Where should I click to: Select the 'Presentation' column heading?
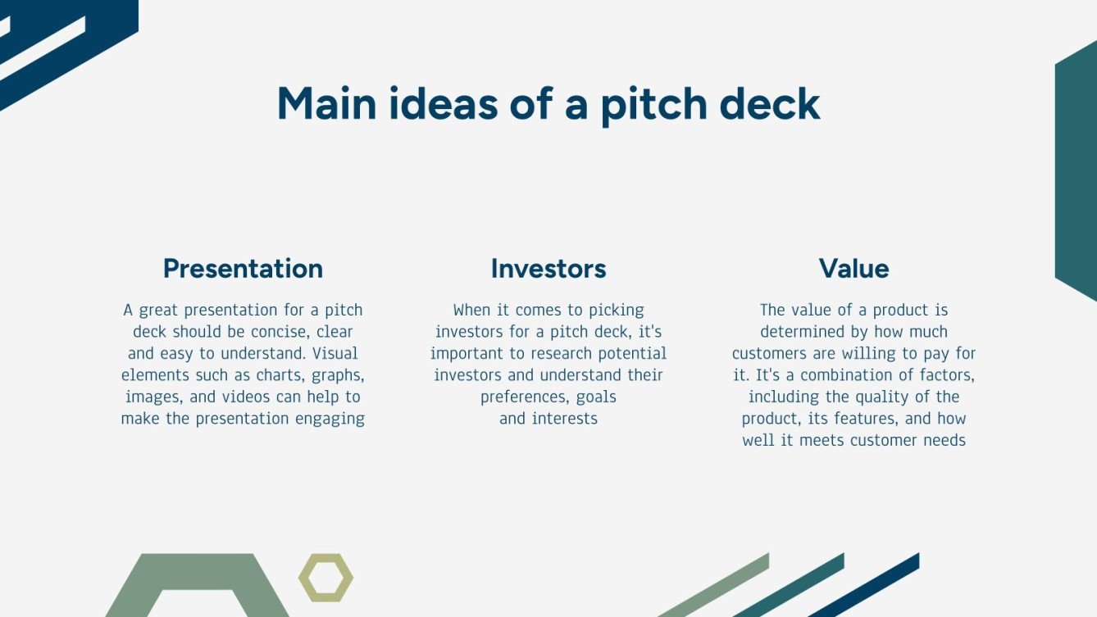[x=243, y=269]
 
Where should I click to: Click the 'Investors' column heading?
[x=548, y=269]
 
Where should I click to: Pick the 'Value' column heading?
[x=853, y=269]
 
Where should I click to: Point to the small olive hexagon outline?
[x=325, y=578]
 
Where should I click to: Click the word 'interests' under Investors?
[x=565, y=419]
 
